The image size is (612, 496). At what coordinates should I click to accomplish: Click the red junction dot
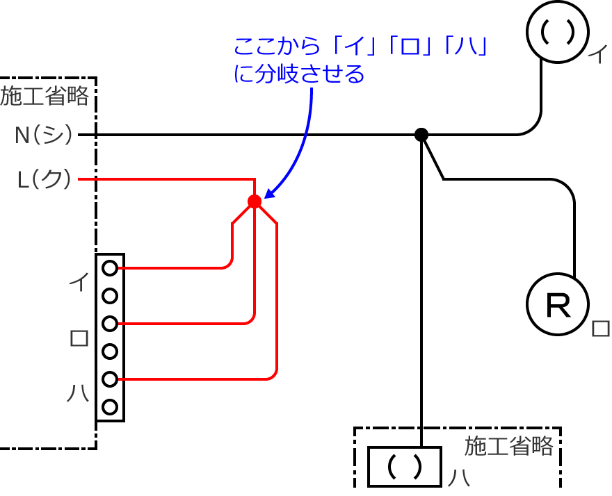[x=255, y=201]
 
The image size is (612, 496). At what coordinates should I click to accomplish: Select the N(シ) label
[x=44, y=135]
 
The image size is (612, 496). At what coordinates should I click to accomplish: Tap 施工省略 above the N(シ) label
[x=45, y=96]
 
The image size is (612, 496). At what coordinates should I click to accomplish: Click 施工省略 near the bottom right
[x=508, y=445]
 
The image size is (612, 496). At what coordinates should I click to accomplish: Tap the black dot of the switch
[x=421, y=135]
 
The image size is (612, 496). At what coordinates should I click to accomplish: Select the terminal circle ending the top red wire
[x=110, y=267]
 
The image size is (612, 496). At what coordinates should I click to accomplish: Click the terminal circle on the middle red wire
[x=110, y=324]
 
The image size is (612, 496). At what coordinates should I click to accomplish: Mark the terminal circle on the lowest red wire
[x=110, y=379]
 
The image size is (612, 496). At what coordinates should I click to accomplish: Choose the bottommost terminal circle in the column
[x=110, y=408]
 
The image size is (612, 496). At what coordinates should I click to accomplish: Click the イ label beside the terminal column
[x=79, y=282]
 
